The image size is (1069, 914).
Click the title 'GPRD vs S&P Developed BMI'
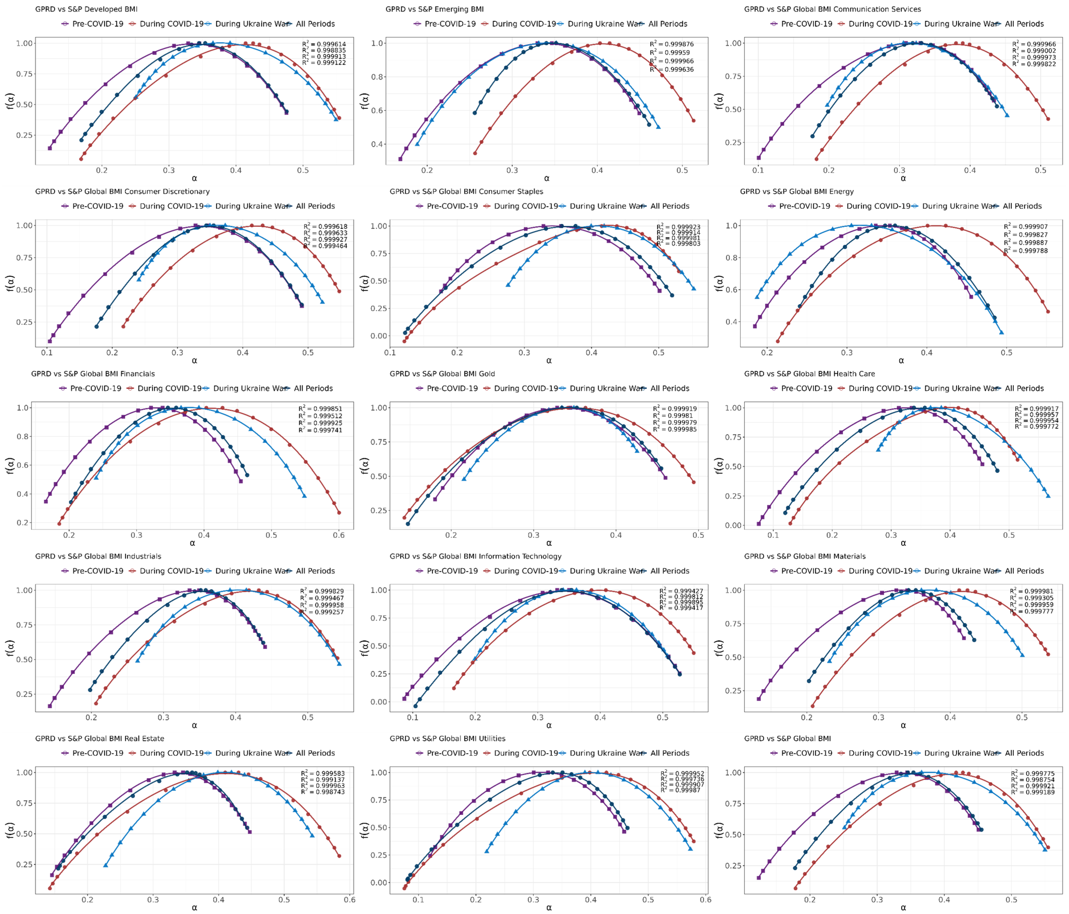pos(86,9)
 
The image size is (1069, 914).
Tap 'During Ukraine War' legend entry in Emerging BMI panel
pos(605,24)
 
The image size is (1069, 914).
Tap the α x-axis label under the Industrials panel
pos(194,725)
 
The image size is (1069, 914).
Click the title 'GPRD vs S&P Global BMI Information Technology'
pos(475,556)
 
